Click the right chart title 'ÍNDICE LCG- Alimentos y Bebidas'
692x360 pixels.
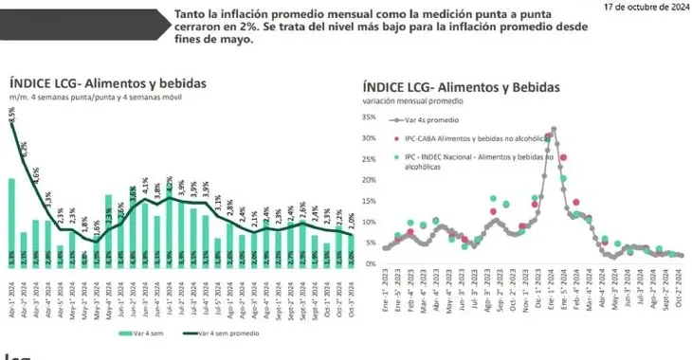[461, 87]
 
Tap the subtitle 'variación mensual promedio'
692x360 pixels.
[415, 101]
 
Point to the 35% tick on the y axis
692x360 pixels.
[370, 117]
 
